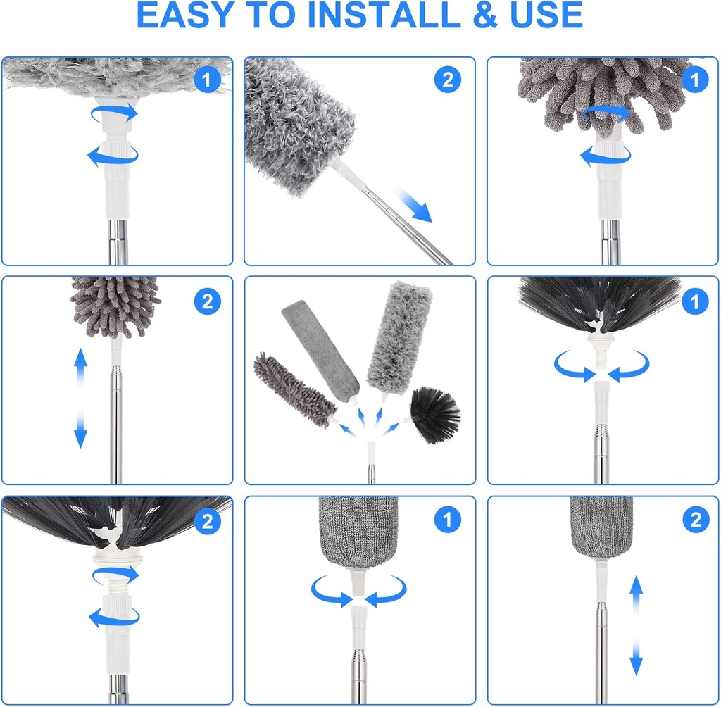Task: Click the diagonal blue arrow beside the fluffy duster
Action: pyautogui.click(x=413, y=205)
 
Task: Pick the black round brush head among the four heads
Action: pyautogui.click(x=435, y=414)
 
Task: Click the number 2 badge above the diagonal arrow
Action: pyautogui.click(x=447, y=80)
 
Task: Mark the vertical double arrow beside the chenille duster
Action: pyautogui.click(x=80, y=398)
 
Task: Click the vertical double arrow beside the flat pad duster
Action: pyautogui.click(x=636, y=624)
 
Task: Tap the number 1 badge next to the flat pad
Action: pyautogui.click(x=447, y=521)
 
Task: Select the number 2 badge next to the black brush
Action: pyautogui.click(x=207, y=521)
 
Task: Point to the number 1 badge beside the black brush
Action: pyautogui.click(x=695, y=302)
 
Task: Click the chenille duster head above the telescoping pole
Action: pyautogui.click(x=115, y=306)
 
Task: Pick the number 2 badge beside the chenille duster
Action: pyautogui.click(x=207, y=302)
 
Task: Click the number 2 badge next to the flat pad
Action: pyautogui.click(x=695, y=521)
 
